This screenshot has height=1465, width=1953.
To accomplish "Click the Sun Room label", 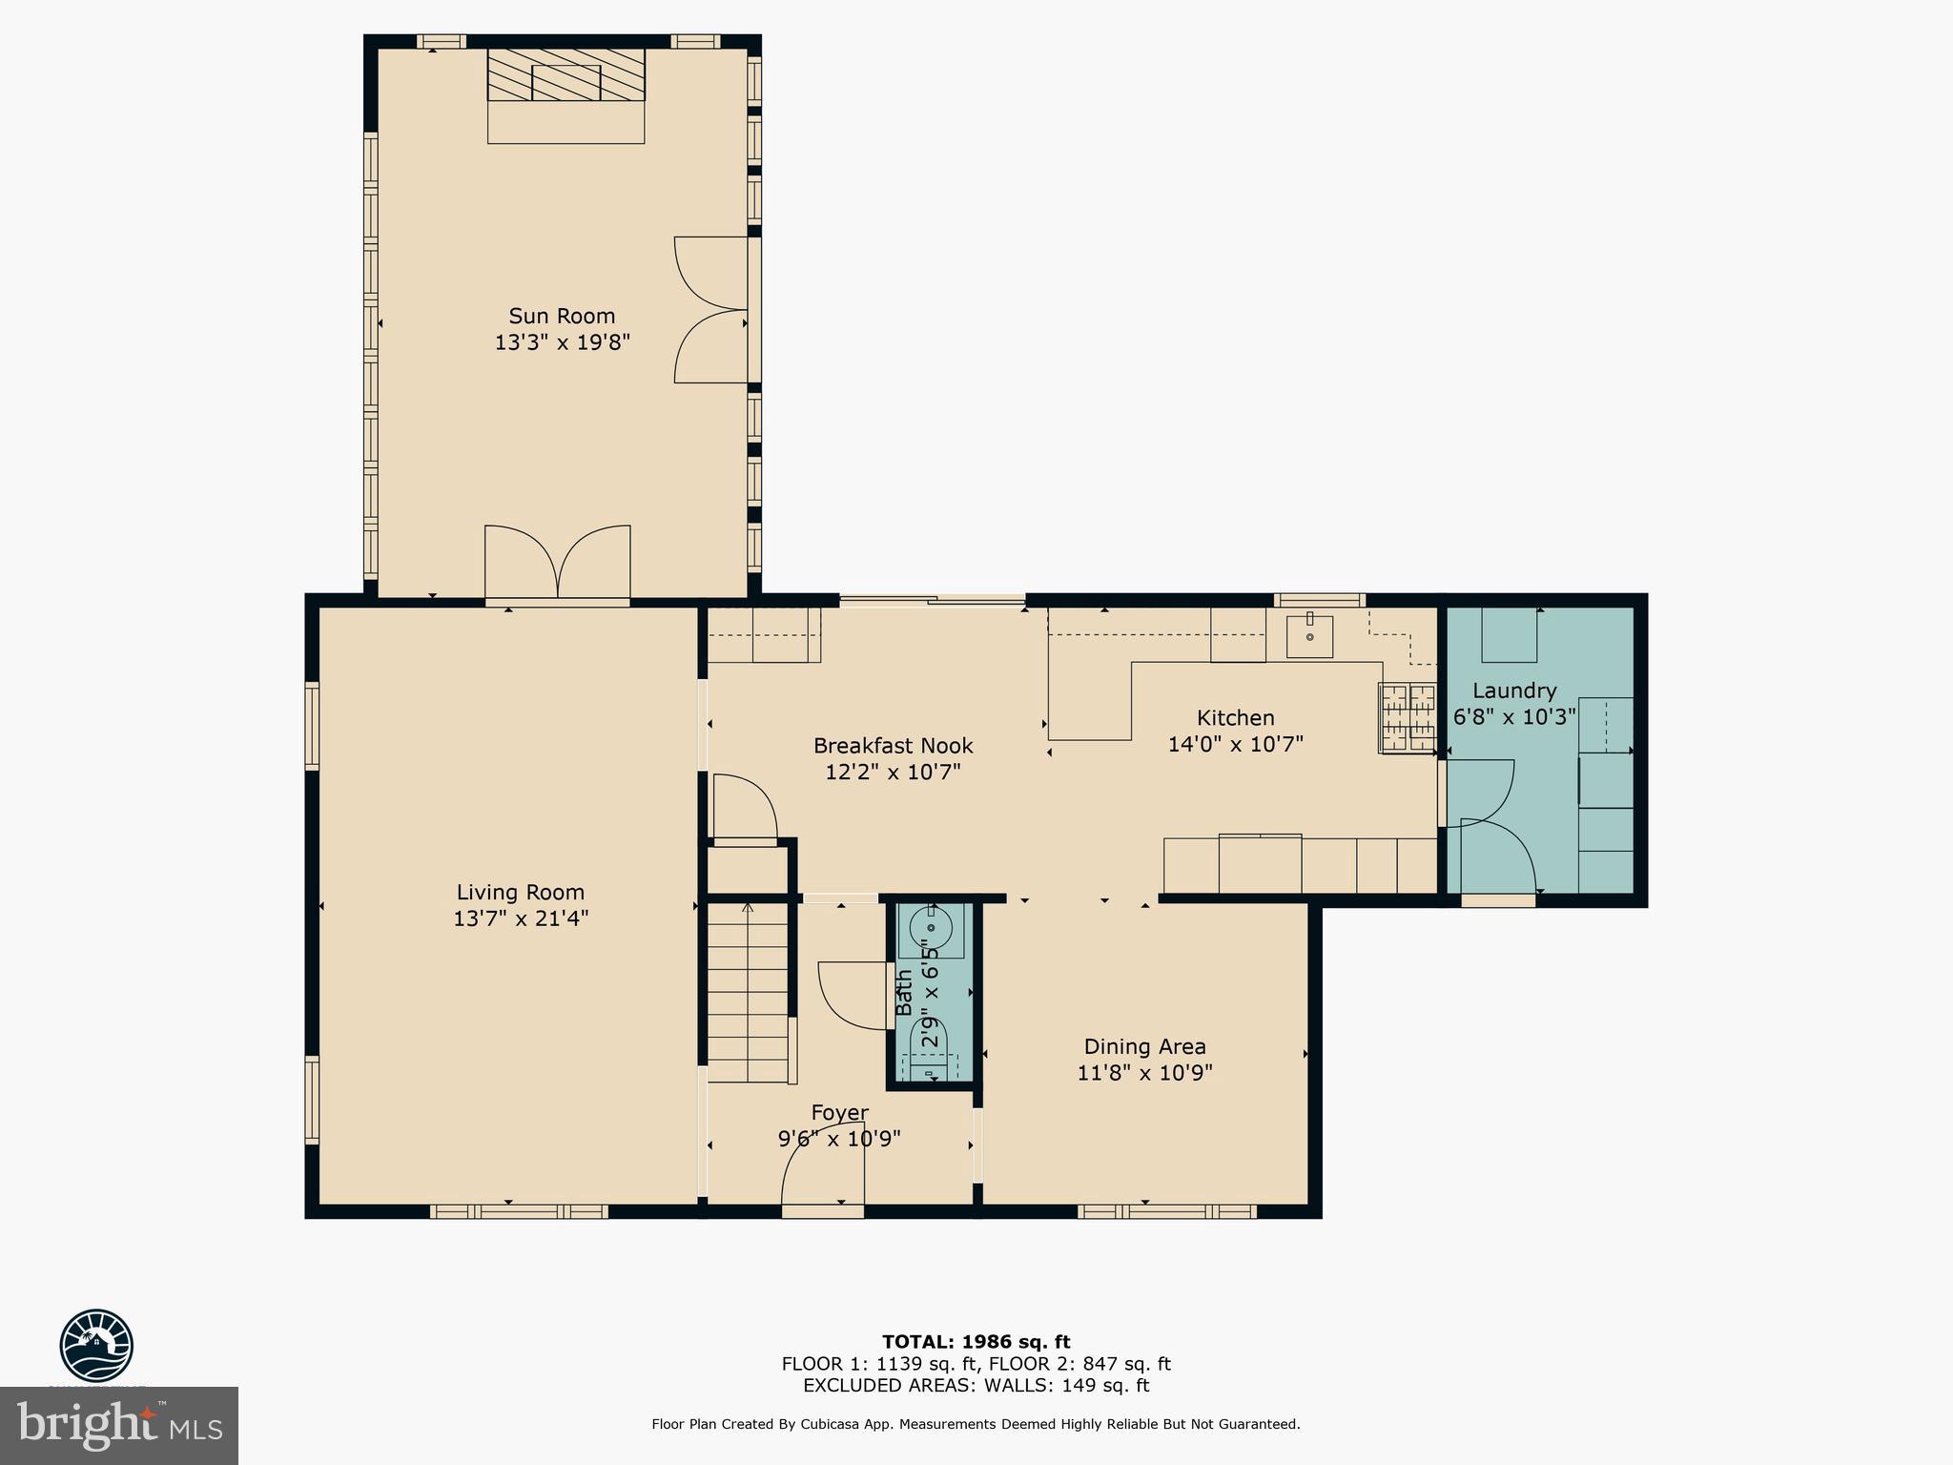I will (562, 316).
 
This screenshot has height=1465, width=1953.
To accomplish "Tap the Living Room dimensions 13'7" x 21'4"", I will (521, 918).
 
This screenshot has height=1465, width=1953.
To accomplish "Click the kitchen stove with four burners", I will (1408, 718).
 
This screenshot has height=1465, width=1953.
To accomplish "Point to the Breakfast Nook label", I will (893, 746).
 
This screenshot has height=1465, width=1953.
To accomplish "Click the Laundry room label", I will (1514, 691).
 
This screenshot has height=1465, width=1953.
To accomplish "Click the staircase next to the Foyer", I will (748, 992).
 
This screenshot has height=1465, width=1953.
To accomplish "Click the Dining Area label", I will (1144, 1046).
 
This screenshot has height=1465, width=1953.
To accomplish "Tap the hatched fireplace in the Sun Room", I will (565, 75).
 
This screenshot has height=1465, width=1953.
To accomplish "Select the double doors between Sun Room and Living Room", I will (557, 565).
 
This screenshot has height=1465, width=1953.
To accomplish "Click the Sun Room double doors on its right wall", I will (711, 310).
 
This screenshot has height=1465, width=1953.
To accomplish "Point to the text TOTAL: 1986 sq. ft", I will (976, 1342).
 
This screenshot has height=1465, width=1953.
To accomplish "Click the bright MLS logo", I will (119, 1425).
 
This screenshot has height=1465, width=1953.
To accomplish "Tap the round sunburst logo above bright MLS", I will (96, 1346).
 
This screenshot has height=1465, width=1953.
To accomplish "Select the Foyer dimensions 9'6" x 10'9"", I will (839, 1138).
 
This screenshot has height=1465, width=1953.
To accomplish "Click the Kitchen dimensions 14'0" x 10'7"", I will (1235, 744).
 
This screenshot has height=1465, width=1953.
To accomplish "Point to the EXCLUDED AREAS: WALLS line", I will (976, 1386).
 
